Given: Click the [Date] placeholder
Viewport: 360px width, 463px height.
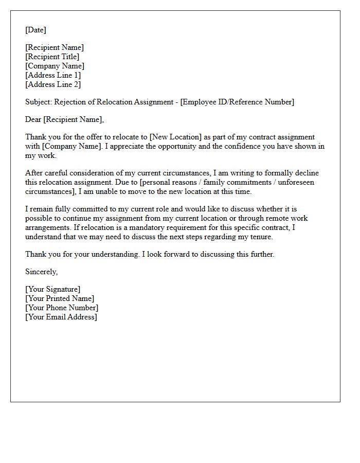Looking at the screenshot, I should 35,30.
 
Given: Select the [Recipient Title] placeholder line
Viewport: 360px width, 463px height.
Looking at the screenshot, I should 52,57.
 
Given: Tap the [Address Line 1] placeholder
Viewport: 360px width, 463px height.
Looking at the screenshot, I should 53,75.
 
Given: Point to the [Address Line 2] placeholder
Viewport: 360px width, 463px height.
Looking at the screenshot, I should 53,84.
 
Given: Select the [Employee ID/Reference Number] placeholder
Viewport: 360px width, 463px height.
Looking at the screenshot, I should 237,102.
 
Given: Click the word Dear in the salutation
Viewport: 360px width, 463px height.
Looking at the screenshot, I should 33,119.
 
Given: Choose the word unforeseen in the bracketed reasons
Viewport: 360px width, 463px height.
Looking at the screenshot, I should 296,182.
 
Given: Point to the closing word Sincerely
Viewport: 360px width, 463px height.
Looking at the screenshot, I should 41,272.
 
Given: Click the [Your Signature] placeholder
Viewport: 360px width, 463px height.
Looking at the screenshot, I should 52,289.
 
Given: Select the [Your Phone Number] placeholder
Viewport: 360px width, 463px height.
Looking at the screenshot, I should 62,308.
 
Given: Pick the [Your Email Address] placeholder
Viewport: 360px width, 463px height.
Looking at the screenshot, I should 61,317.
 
